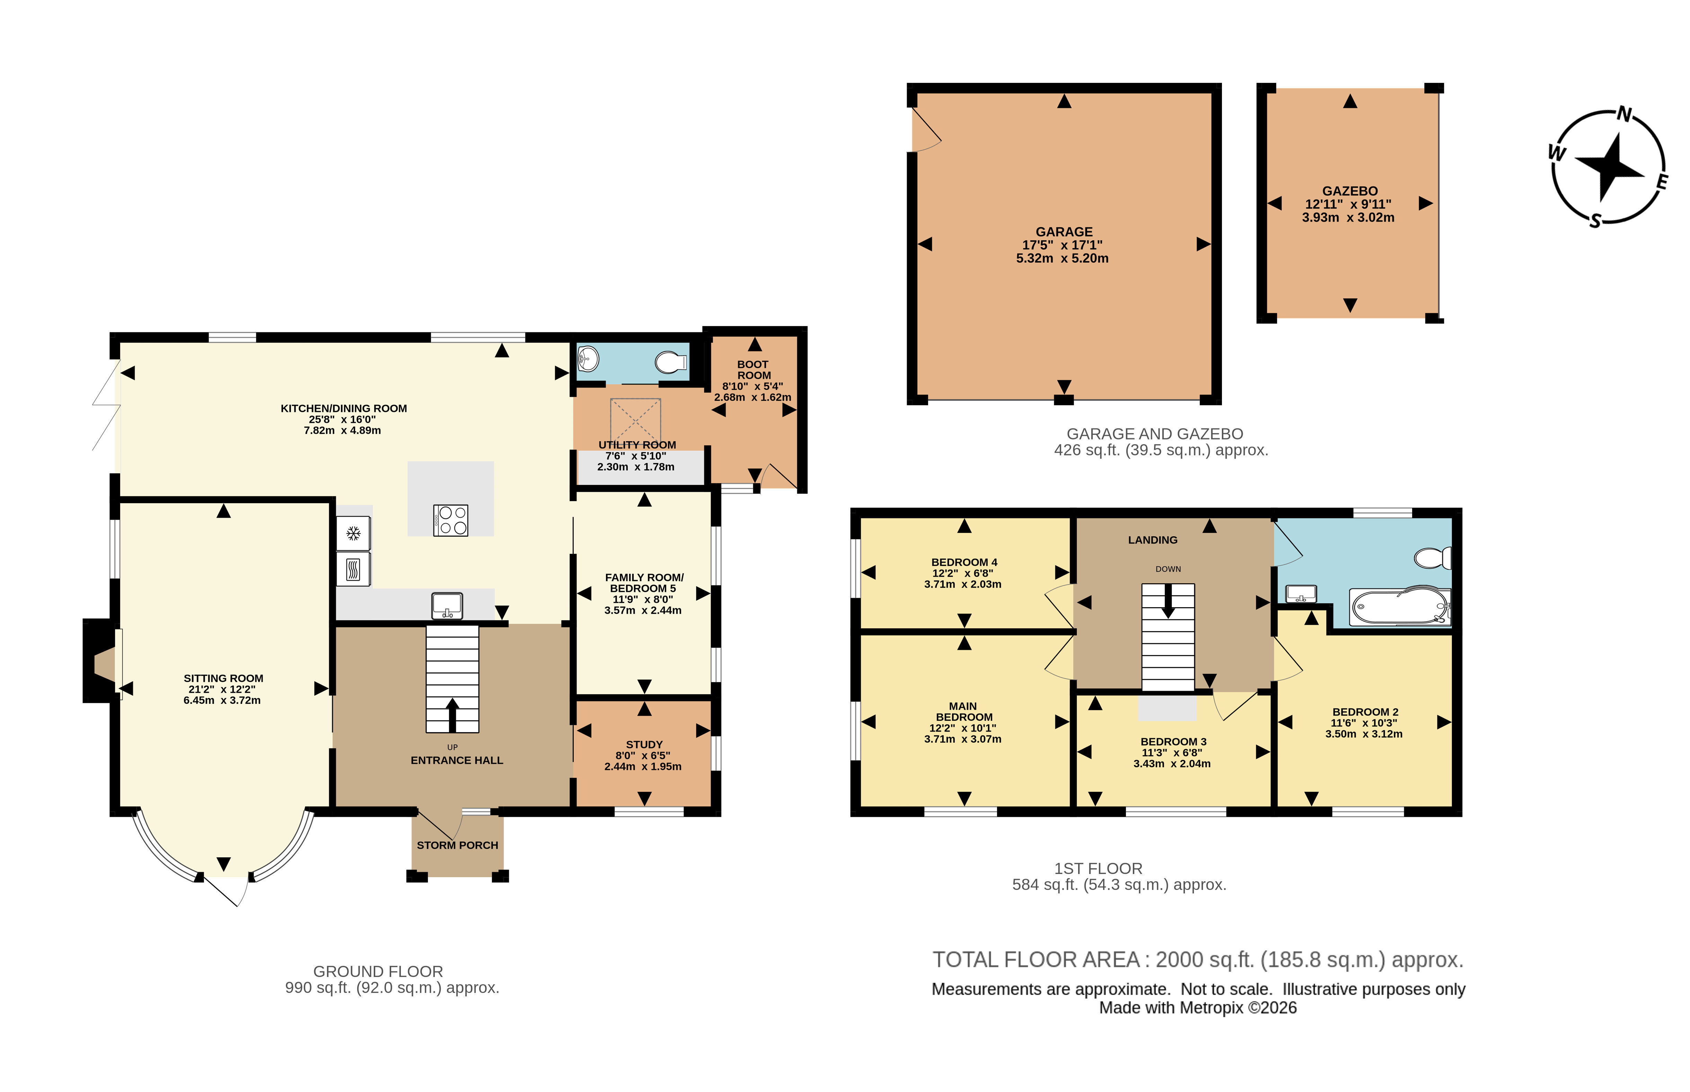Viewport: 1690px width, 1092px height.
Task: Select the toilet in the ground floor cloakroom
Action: (x=671, y=362)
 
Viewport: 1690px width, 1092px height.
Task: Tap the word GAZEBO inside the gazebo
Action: (x=1350, y=191)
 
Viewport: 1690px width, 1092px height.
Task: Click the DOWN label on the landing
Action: (x=1168, y=569)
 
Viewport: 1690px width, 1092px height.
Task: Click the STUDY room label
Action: (x=644, y=744)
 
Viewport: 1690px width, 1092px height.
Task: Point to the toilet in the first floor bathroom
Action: (x=1433, y=558)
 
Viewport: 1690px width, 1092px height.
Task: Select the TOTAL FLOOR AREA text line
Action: (x=1197, y=959)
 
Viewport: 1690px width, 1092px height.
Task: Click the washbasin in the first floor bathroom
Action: (x=1301, y=594)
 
